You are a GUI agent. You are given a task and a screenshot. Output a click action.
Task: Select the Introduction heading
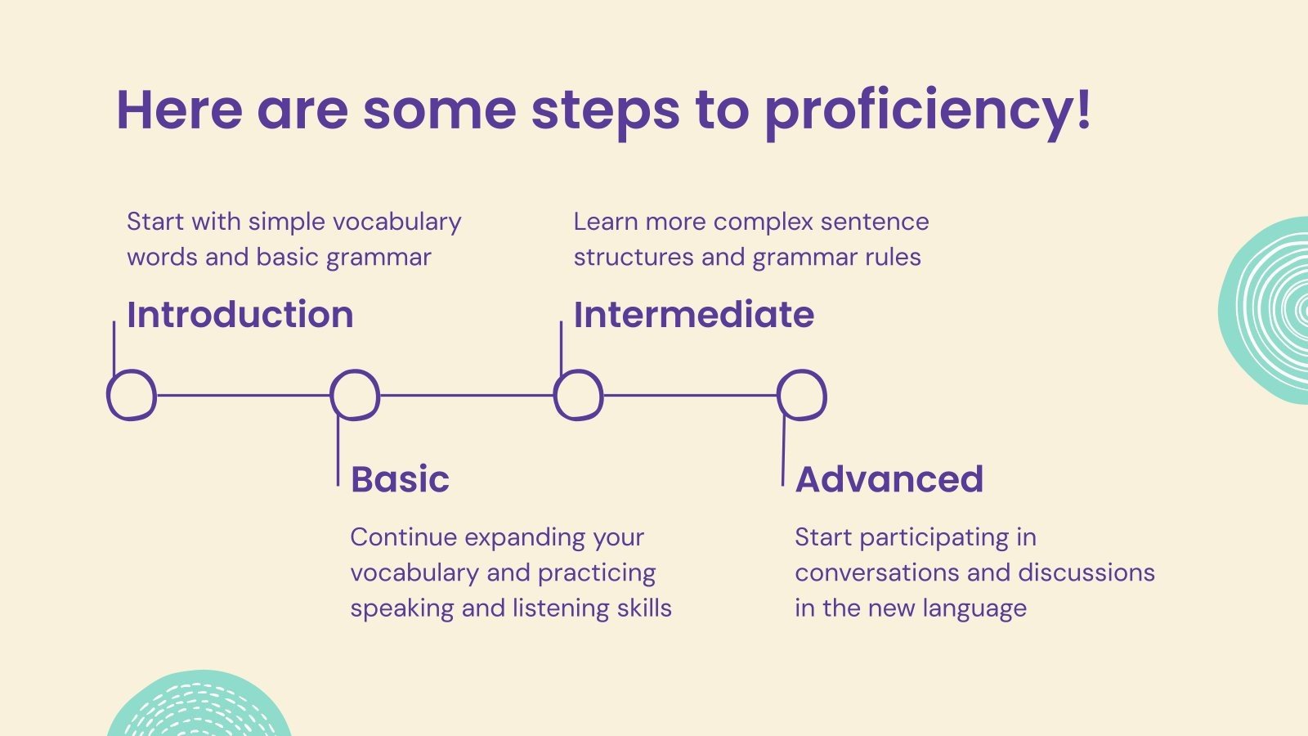[x=240, y=314]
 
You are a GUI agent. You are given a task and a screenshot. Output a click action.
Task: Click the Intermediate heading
[x=694, y=314]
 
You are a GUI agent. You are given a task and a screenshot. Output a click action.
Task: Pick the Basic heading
[x=400, y=479]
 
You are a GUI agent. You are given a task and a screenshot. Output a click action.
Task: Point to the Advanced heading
[x=889, y=479]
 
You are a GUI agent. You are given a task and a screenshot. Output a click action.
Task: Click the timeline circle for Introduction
[x=107, y=395]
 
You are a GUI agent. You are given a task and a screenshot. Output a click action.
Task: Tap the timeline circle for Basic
[x=330, y=395]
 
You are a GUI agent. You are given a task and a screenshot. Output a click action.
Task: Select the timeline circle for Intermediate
[x=554, y=395]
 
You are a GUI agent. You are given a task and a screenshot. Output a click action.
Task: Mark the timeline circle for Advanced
[x=777, y=395]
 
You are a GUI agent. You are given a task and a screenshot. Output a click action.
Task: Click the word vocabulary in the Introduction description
[x=396, y=222]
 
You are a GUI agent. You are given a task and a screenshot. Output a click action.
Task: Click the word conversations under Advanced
[x=903, y=572]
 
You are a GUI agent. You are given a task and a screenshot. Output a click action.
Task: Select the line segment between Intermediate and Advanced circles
[x=690, y=396]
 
